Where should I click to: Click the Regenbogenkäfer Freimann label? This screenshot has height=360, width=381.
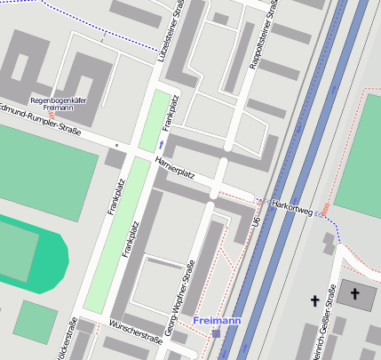coord(58,104)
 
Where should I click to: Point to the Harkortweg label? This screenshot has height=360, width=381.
coord(293,206)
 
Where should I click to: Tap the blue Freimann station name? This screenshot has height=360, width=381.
coord(215,319)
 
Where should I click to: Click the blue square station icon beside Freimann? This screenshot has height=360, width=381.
coord(216,333)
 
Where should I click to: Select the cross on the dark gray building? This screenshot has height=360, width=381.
coord(355,292)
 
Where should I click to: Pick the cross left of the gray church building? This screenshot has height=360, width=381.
coord(314,302)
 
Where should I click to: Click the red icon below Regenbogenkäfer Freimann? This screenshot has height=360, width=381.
coord(52,116)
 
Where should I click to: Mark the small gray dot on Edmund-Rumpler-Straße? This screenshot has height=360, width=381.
coord(116,143)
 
